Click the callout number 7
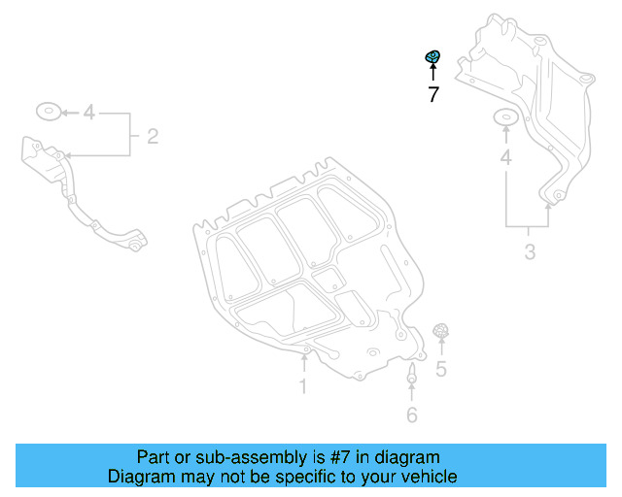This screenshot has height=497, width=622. coord(432,95)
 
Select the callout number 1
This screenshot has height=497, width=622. coord(303,387)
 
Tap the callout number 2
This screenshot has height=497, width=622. coord(153,136)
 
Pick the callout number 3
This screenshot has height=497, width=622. coord(530,253)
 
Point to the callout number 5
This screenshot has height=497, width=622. coord(440,369)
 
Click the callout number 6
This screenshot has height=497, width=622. coord(411,415)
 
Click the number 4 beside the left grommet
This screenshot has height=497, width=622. coord(88,114)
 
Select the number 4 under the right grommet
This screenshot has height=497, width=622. coord(505,157)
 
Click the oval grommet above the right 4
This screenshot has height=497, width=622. coord(505,118)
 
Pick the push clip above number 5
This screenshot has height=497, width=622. coord(440,331)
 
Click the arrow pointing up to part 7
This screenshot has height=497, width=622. coord(432,74)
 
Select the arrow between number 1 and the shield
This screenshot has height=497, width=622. coord(303,365)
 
